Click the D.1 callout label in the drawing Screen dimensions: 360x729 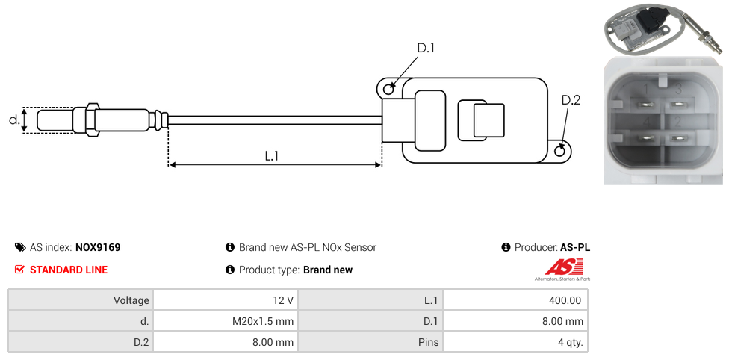(425, 48)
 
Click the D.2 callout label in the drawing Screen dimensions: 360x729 (570, 100)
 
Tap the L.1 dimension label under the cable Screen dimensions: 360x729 (272, 155)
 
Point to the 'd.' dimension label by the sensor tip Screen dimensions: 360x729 (13, 119)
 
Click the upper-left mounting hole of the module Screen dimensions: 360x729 (388, 90)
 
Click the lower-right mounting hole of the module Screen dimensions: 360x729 (561, 151)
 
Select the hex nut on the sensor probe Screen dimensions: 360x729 (92, 120)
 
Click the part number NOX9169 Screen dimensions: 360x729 (98, 247)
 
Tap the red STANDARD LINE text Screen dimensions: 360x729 (69, 270)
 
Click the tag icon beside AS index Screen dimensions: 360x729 (20, 247)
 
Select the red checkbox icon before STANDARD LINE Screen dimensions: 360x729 (20, 270)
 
